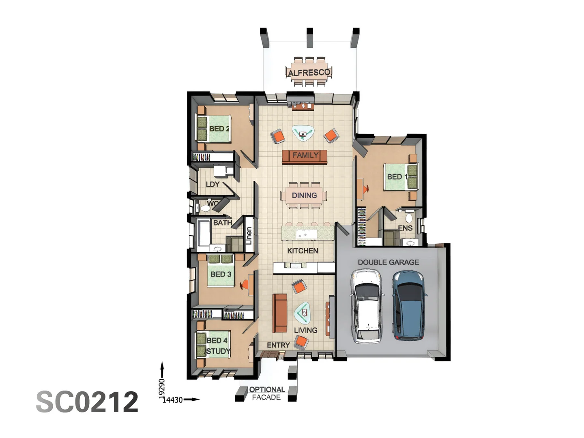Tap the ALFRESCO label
coord(309,73)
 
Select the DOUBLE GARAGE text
coord(388,262)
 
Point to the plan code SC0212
coord(87,402)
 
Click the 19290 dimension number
coord(162,389)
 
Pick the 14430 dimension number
coord(173,400)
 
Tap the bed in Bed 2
coord(214,129)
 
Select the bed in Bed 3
coord(221,271)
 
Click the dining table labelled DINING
coord(304,195)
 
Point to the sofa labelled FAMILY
coord(305,156)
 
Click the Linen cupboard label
coord(249,235)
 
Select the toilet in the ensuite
coord(409,218)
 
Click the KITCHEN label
coord(303,251)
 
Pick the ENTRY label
coord(278,345)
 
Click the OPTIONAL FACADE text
coord(266,393)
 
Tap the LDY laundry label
coord(213,184)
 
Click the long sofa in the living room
coord(280,313)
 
